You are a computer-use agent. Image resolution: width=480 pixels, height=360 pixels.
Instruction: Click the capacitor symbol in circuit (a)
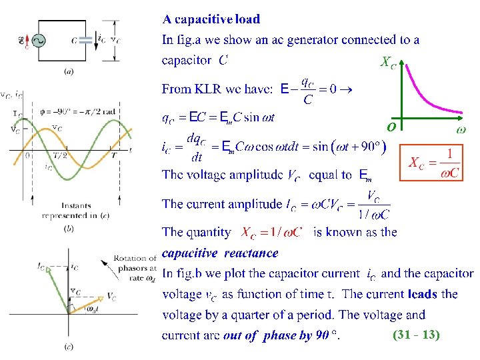click(x=85, y=41)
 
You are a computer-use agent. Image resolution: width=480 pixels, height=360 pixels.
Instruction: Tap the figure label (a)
click(x=68, y=70)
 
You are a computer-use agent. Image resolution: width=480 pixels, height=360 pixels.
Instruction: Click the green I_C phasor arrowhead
click(x=42, y=267)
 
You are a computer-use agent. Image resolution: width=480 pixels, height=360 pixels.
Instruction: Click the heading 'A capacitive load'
click(x=212, y=19)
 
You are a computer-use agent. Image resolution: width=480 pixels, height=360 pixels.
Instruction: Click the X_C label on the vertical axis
click(x=388, y=63)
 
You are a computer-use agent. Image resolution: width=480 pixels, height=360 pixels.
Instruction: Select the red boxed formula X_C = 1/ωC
click(x=435, y=163)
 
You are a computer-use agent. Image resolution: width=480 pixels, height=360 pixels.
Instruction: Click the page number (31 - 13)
click(x=416, y=335)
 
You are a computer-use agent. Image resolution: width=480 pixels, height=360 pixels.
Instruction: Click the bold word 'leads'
click(x=421, y=293)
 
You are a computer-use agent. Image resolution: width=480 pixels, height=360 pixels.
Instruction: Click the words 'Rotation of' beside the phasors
click(x=135, y=258)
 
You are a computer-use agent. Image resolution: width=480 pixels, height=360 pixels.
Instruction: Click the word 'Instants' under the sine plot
click(x=76, y=205)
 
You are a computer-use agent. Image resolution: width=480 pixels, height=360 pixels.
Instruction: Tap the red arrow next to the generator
click(x=23, y=41)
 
